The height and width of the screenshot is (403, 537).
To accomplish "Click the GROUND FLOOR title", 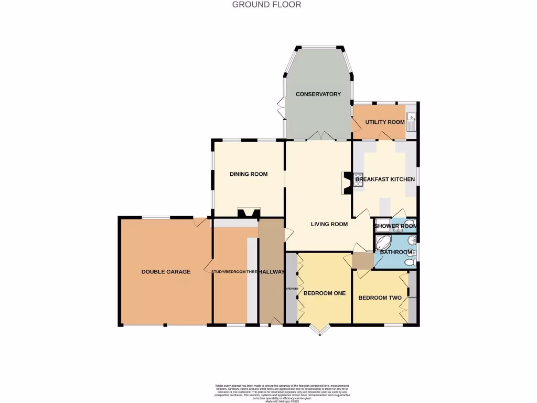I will pos(266,5).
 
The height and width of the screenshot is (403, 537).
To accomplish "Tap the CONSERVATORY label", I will pos(318,94).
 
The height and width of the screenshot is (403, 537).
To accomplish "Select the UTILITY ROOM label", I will pos(385,122).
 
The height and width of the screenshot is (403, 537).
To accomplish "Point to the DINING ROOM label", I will pos(249,174).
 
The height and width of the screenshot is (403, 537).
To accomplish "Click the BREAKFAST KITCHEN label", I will pos(385,179).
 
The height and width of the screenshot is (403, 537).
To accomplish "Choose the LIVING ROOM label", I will pos(329,225).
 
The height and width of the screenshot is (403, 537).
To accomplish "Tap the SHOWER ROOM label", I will pos(395,227).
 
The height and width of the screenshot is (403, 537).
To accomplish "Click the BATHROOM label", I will pos(396,252).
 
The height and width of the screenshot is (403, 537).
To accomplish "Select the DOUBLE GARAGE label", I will pos(166,272).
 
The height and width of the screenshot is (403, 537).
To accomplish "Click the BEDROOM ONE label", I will pos(325,293).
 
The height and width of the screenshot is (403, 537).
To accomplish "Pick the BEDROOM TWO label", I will pos(380,298).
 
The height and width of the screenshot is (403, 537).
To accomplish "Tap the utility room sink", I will pos(411,121).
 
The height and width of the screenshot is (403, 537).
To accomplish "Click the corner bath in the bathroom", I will pos(382,243).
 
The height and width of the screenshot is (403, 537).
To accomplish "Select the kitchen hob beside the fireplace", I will pos(359,180).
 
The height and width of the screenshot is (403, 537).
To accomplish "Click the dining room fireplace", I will pos(249,213).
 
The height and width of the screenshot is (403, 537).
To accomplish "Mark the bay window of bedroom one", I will pos(318,330).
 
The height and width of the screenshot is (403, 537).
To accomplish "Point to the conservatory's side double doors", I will pos(281,107).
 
